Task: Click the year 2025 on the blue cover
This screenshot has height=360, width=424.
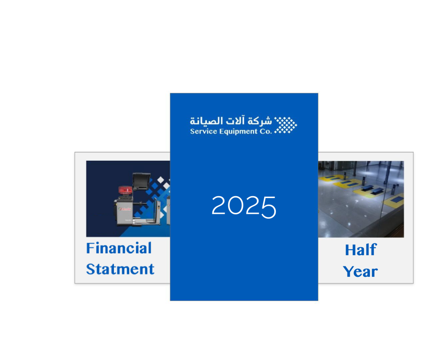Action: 244,207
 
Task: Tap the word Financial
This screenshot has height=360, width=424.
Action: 119,248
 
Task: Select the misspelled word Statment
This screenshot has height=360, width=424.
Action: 120,269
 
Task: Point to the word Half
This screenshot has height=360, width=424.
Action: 361,250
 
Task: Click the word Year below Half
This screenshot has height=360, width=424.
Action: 360,271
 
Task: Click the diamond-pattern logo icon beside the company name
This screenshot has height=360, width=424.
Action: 285,125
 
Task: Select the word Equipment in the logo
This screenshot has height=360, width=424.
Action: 238,132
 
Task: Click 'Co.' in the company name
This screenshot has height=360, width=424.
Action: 266,131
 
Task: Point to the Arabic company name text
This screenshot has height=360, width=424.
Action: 230,121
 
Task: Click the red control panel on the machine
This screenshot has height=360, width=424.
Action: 126,190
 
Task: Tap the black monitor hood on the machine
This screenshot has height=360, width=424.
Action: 141,181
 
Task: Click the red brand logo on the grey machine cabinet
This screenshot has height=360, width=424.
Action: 125,209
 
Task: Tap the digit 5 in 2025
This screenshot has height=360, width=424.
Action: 269,207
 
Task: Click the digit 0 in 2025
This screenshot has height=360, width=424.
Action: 235,205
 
